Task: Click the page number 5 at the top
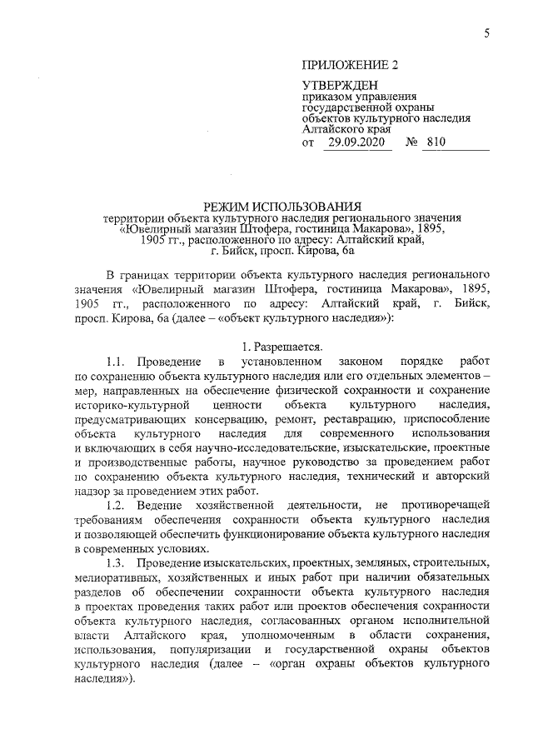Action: click(x=488, y=32)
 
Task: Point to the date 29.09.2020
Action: click(x=360, y=143)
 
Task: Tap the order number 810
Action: click(x=436, y=143)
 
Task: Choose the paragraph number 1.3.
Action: click(x=119, y=565)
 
